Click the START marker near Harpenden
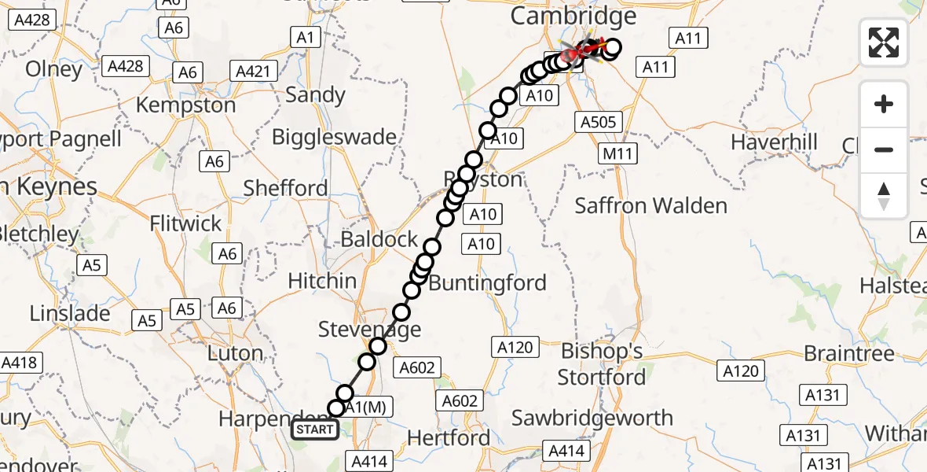(315, 430)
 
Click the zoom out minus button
(884, 149)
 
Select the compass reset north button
(884, 196)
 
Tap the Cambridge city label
(573, 16)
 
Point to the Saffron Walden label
(651, 206)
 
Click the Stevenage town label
(370, 330)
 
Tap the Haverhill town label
(774, 142)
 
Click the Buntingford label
(488, 282)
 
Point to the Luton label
(235, 353)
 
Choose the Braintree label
(849, 353)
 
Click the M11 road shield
(617, 154)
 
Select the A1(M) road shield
(365, 407)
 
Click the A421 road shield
(254, 72)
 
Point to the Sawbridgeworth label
(592, 418)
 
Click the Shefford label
(286, 188)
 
